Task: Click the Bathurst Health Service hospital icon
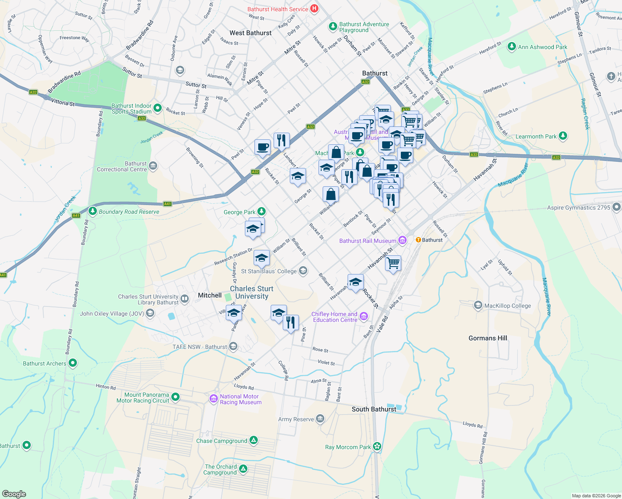[314, 8]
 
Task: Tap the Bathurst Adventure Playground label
[364, 27]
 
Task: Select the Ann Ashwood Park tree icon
[512, 47]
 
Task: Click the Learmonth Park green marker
[563, 136]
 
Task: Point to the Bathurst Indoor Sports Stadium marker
[158, 108]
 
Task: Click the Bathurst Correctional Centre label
[122, 166]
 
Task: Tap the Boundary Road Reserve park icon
[93, 211]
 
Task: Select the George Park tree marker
[261, 212]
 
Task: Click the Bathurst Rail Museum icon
[402, 240]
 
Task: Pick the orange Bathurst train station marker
[418, 240]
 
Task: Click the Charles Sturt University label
[252, 292]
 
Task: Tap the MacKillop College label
[507, 306]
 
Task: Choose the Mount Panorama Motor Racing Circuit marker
[175, 397]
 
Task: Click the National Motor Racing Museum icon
[214, 399]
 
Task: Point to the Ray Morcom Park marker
[377, 447]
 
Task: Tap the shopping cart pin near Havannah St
[393, 263]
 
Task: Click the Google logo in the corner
[14, 494]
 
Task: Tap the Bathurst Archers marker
[73, 363]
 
